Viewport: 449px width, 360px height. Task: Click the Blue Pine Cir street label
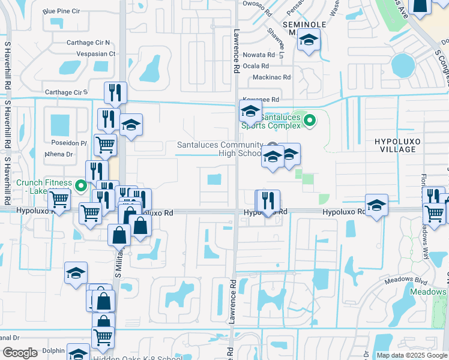pos(62,11)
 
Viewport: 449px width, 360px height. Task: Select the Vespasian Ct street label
pos(95,53)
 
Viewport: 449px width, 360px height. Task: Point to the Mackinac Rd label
pos(271,77)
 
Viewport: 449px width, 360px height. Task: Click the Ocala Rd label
pos(256,66)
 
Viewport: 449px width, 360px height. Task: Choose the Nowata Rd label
pos(259,55)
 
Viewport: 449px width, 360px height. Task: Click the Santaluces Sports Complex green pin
pos(309,121)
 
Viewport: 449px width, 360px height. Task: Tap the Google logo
pos(20,353)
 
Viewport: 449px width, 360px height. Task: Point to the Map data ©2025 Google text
pos(411,355)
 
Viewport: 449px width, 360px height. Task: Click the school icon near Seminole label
pos(309,40)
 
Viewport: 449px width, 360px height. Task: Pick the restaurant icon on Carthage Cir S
pos(115,93)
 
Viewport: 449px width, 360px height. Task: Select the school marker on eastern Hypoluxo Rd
pos(376,206)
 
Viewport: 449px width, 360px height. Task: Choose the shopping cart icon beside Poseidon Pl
pos(105,144)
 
